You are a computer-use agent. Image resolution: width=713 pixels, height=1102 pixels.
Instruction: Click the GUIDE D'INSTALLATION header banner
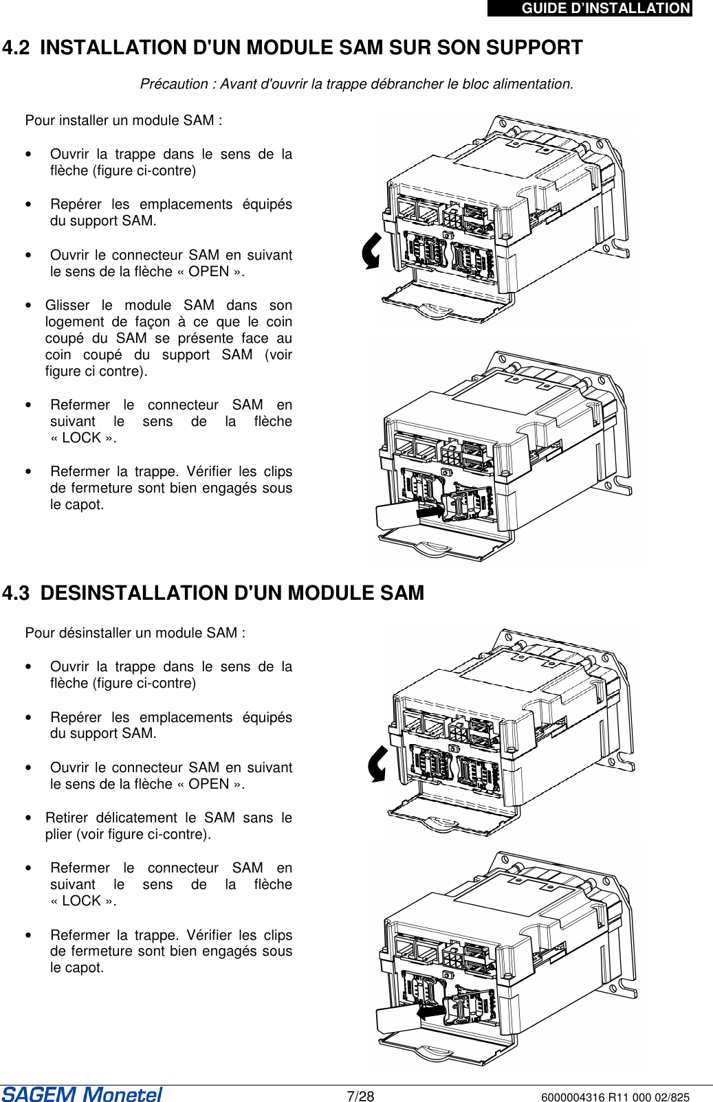(x=590, y=8)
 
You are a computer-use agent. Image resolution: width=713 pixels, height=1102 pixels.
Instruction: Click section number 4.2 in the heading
(x=16, y=48)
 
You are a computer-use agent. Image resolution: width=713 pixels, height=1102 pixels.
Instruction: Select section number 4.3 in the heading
(x=16, y=593)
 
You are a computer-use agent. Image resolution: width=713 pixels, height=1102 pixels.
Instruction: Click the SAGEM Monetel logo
(x=82, y=1094)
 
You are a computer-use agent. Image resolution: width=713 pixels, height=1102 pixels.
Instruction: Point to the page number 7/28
(x=360, y=1096)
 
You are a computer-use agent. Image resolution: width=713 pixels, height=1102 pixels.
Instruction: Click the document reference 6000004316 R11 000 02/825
(x=615, y=1097)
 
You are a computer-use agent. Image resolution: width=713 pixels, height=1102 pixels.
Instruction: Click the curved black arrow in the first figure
(x=372, y=251)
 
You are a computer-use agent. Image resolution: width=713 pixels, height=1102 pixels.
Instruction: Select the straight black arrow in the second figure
(x=430, y=512)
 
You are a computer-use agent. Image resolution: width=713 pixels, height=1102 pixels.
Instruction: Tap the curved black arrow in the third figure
(x=377, y=763)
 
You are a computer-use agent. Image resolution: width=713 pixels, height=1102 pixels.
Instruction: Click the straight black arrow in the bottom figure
(x=431, y=1011)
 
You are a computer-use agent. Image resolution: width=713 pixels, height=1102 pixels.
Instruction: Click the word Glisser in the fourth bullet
(x=67, y=305)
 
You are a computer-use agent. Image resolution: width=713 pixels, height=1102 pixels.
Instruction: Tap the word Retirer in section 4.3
(x=66, y=818)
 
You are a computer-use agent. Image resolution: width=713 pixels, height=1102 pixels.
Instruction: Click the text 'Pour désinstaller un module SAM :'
(x=135, y=633)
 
